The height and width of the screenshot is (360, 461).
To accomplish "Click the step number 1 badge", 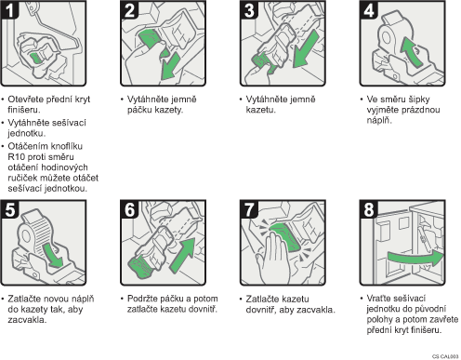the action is click(x=9, y=9).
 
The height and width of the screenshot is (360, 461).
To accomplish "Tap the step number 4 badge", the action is click(x=369, y=9).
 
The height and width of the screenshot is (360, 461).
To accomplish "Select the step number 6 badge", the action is click(x=129, y=209).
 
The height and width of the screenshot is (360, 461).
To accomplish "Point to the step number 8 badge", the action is click(x=369, y=209).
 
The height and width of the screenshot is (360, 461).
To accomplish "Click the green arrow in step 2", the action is click(x=170, y=67).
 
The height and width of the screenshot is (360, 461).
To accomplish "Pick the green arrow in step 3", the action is click(x=306, y=48).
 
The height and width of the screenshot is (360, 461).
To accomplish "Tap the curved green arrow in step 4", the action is click(x=412, y=50).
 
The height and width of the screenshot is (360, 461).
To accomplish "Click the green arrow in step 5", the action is click(x=53, y=255).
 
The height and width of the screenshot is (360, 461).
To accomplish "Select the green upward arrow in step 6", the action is click(x=183, y=255).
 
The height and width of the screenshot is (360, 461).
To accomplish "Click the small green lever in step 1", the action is click(x=36, y=58).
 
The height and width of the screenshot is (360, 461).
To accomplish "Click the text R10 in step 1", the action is click(x=16, y=156).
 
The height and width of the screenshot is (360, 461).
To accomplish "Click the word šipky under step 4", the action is click(x=418, y=100).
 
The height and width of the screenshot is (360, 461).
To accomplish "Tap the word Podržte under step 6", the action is click(x=143, y=299).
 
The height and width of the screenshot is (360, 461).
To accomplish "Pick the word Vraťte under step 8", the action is click(x=380, y=299).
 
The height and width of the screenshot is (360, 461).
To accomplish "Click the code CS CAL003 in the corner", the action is click(x=445, y=356).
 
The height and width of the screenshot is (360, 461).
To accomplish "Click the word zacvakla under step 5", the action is click(x=27, y=320).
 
